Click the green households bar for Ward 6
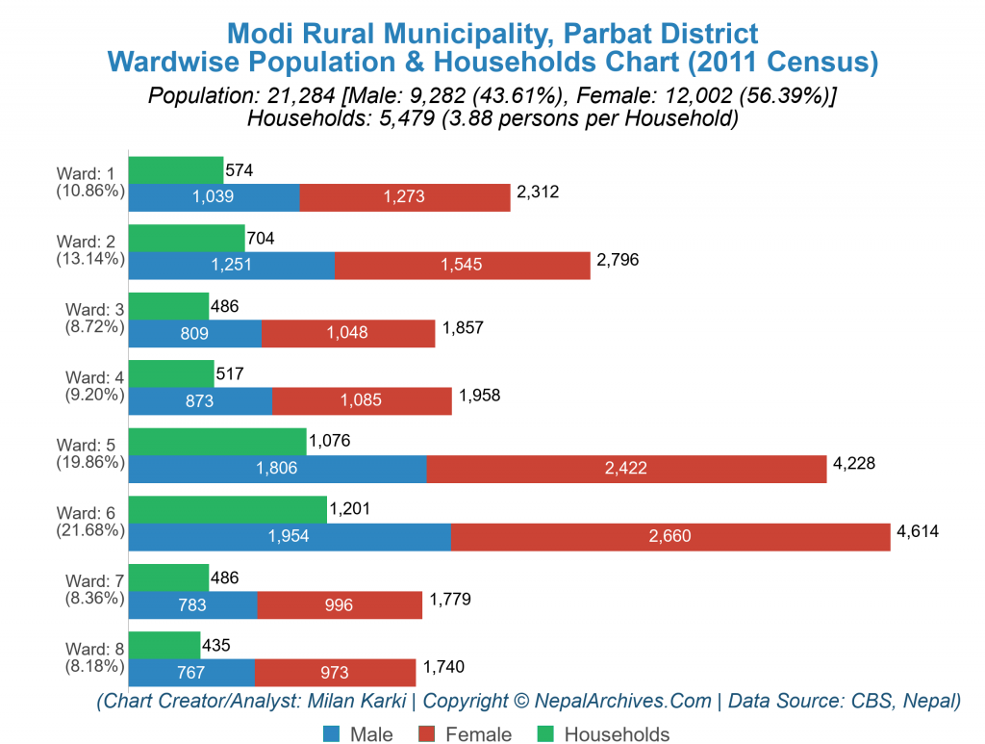pos(228,509)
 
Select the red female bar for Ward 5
pos(626,469)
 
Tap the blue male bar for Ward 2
pos(231,266)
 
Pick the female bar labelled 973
pos(336,672)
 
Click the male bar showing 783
pos(192,604)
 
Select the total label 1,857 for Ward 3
pos(463,328)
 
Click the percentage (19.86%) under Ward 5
pos(89,462)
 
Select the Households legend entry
pos(616,734)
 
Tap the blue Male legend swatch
pos(330,734)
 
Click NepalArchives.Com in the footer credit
pos(623,701)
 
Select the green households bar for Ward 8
pos(164,645)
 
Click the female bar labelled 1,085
pos(362,401)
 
